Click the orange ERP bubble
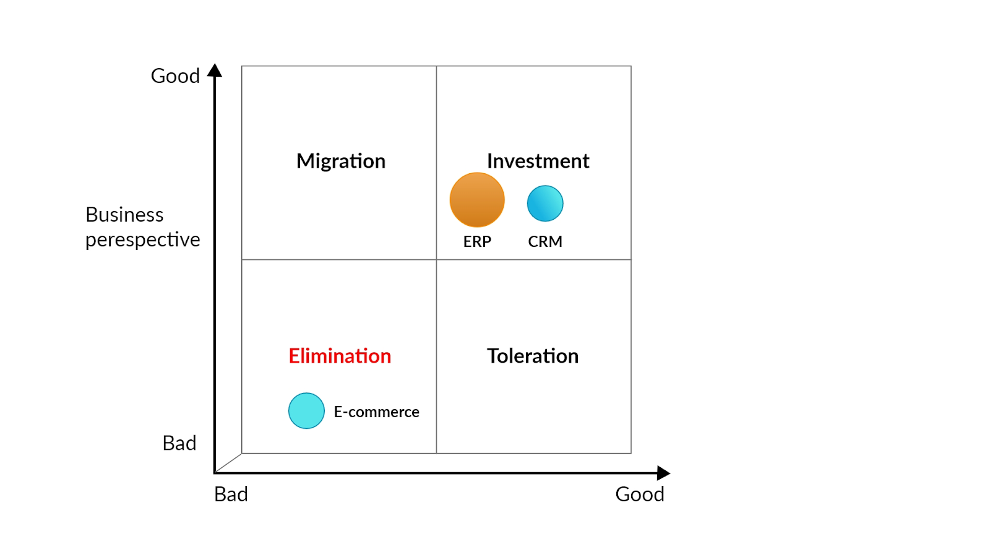point(477,200)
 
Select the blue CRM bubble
point(545,204)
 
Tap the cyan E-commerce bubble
point(306,411)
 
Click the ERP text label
point(477,241)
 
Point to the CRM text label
point(545,241)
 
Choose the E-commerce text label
point(377,412)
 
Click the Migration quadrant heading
point(341,162)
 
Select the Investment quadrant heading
point(538,161)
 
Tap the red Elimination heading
point(340,356)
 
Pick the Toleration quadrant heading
point(533,356)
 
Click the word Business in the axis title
point(124,215)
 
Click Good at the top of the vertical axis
point(175,76)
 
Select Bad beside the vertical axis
point(179,443)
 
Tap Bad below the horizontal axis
point(231,494)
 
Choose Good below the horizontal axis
point(640,494)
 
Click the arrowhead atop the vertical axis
point(215,70)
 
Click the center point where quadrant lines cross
point(436,259)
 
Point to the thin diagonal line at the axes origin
point(228,464)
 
